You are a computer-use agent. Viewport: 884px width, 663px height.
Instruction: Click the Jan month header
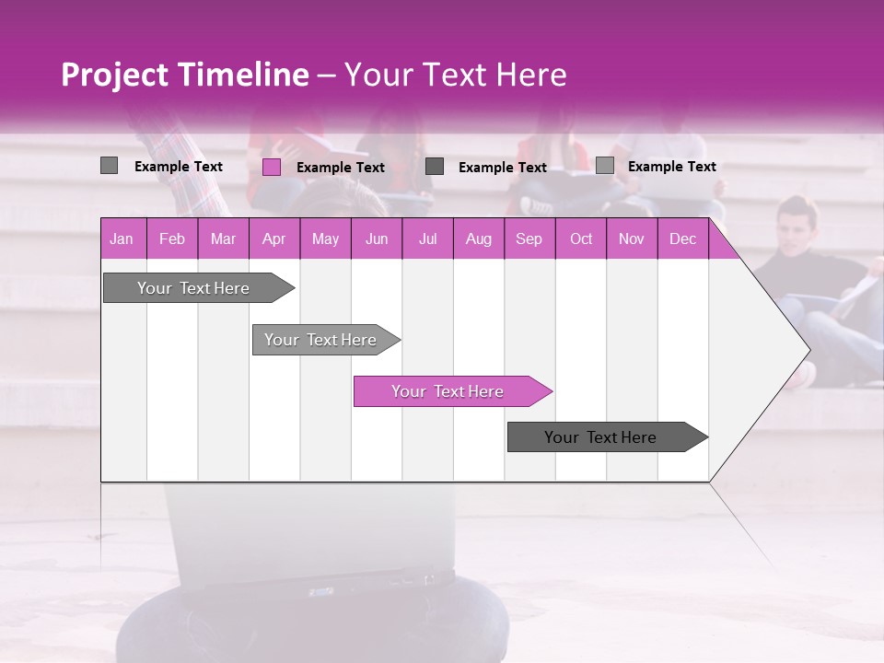click(122, 239)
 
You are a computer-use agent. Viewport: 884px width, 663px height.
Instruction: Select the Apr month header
click(273, 239)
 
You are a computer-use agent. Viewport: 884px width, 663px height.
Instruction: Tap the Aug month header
click(478, 239)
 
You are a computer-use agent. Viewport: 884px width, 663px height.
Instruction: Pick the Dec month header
click(682, 239)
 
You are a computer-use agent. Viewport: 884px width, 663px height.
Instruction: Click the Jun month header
click(376, 239)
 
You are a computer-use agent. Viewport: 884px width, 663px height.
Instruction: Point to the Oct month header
click(580, 239)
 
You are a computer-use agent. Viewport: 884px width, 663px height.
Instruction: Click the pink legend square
click(271, 167)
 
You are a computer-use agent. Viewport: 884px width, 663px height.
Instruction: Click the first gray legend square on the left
click(109, 166)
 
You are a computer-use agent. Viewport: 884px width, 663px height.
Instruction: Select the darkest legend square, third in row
click(435, 167)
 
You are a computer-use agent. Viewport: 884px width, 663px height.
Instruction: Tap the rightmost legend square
click(604, 166)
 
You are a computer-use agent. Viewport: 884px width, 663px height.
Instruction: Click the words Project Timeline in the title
click(184, 75)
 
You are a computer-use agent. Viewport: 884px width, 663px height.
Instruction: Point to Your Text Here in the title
click(455, 75)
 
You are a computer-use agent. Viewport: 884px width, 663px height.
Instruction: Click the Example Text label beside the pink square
click(340, 168)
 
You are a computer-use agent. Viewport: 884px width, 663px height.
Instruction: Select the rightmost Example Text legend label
click(671, 167)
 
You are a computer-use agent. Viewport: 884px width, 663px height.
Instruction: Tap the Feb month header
click(171, 239)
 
